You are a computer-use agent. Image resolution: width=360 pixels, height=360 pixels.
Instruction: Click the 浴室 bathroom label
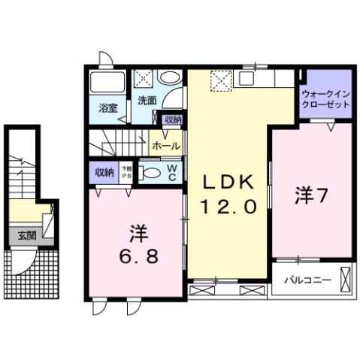click(x=108, y=107)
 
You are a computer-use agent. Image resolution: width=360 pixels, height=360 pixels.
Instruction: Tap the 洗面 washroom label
click(x=147, y=99)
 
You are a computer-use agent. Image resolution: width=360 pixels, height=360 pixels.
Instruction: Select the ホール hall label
click(x=165, y=146)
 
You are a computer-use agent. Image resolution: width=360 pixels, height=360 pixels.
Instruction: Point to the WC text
click(x=171, y=172)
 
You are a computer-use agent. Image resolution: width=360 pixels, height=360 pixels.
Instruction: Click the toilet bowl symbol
click(x=150, y=172)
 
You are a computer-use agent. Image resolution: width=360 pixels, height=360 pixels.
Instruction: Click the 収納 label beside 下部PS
click(x=104, y=172)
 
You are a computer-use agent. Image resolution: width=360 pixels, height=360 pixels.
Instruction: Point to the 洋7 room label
click(x=310, y=196)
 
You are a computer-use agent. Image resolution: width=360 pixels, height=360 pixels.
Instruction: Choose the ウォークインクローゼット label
click(x=326, y=100)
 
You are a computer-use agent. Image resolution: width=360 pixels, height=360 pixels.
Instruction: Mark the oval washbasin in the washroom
click(x=171, y=77)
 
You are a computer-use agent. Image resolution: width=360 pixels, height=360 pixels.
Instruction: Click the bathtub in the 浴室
click(x=107, y=81)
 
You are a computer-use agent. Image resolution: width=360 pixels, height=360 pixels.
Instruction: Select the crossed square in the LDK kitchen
click(x=221, y=78)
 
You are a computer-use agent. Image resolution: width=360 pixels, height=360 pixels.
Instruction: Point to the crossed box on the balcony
click(x=344, y=279)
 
